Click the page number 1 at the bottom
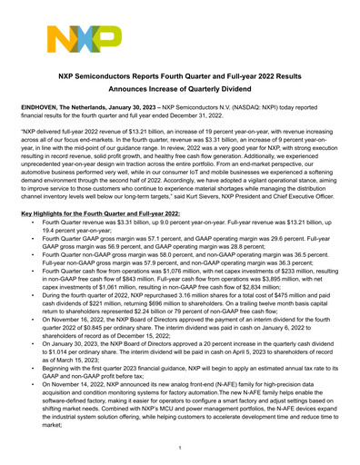click(180, 447)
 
